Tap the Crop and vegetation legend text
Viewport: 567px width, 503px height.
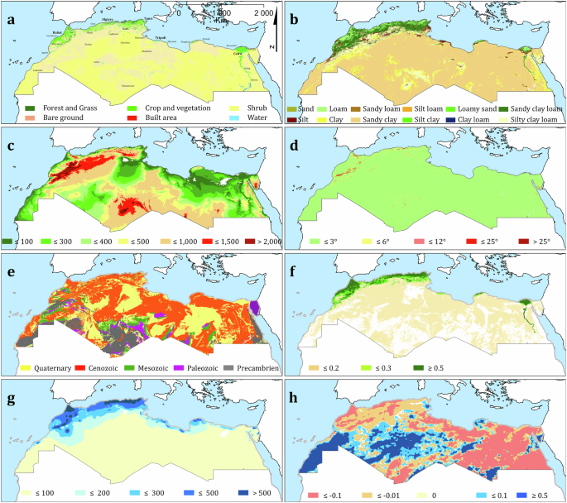click(x=174, y=108)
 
